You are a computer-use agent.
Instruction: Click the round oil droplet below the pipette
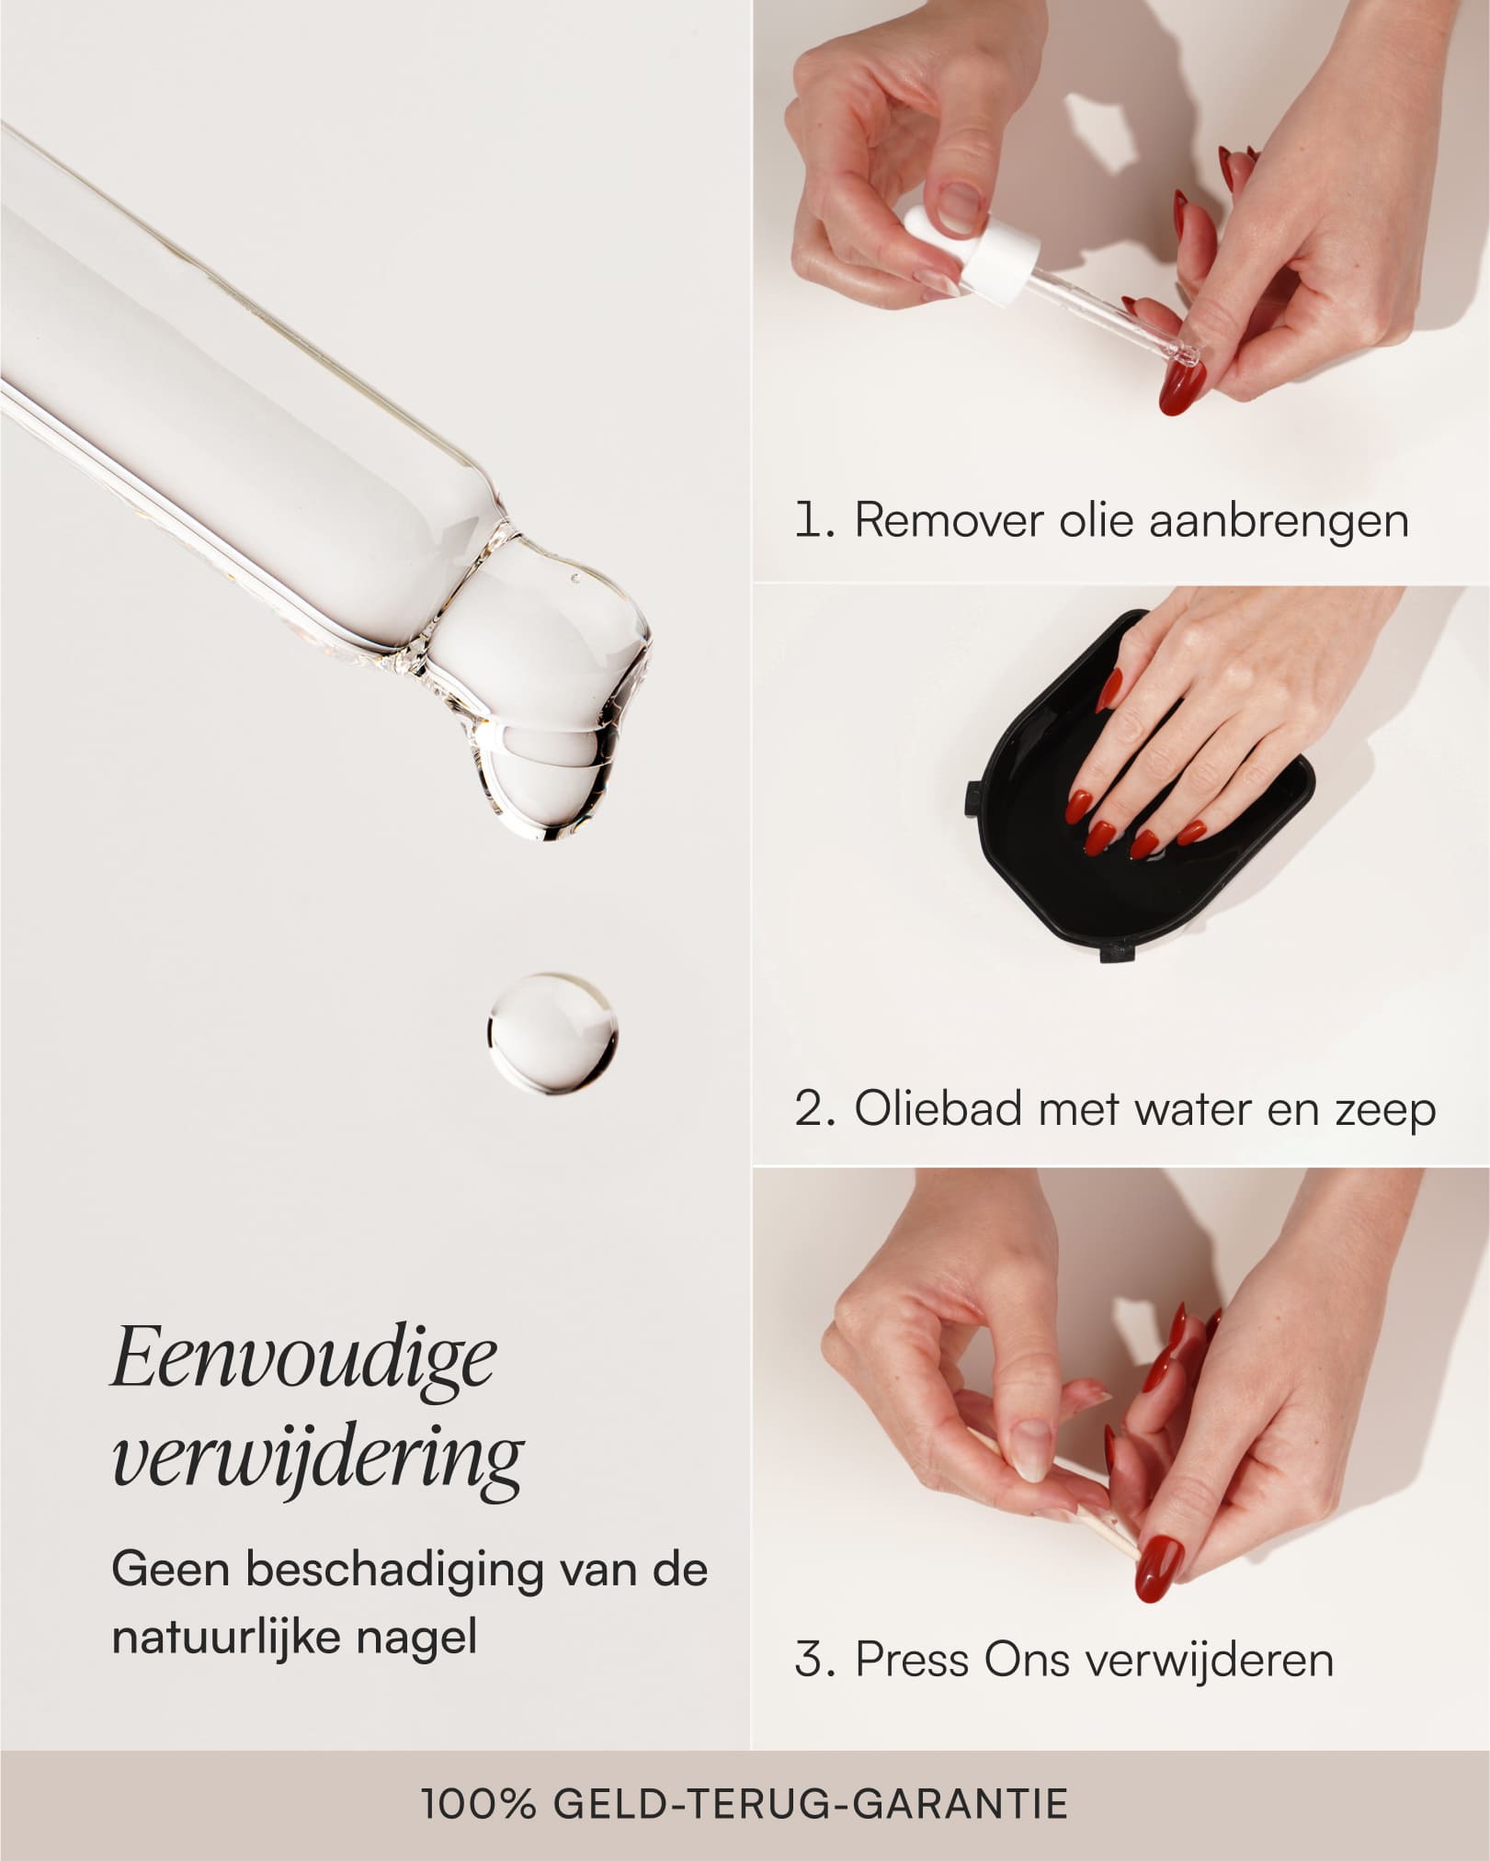(x=552, y=1034)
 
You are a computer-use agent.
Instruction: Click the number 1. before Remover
(x=814, y=521)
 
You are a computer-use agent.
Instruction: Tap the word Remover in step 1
(x=948, y=521)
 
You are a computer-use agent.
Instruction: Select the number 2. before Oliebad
(x=815, y=1109)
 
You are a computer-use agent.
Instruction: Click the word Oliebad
(x=938, y=1108)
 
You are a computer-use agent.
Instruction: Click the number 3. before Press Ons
(x=815, y=1660)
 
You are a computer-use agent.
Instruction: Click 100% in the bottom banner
(x=478, y=1804)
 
